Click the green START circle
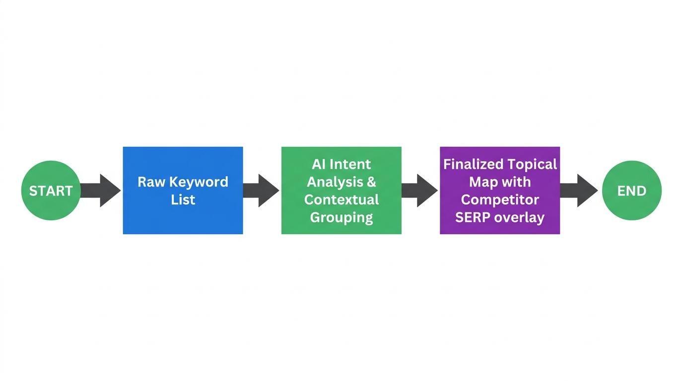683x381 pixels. (51, 190)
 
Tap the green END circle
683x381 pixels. (631, 190)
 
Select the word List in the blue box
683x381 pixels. (183, 199)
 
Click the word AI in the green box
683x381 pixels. (318, 164)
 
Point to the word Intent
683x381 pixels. (350, 164)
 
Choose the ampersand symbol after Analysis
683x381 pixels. (371, 182)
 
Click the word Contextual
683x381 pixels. (341, 199)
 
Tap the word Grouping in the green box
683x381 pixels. (341, 217)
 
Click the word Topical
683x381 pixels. (533, 164)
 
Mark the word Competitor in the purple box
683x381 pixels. (500, 199)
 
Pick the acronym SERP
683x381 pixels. (473, 217)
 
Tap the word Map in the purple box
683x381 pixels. (483, 182)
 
